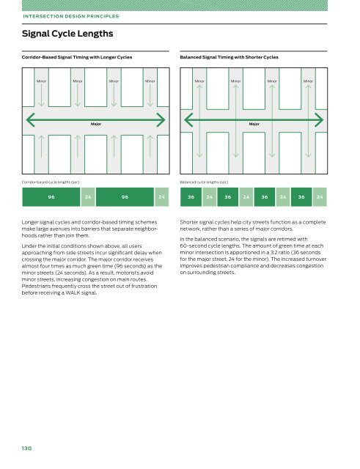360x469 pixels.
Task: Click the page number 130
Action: pos(26,448)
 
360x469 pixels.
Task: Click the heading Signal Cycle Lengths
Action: pos(67,34)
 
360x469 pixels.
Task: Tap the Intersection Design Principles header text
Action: pos(71,16)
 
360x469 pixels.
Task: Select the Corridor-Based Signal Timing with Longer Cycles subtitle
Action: pos(77,57)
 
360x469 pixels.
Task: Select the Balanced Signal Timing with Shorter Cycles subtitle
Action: pos(229,57)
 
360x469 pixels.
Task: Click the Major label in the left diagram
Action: pos(96,124)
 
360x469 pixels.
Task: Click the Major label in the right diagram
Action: pos(254,124)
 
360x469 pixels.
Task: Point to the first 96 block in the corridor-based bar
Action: pos(51,197)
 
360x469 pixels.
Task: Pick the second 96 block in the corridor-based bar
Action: pos(125,197)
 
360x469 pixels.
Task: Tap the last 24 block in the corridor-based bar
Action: pos(161,197)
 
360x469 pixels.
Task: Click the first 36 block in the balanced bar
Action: pos(191,197)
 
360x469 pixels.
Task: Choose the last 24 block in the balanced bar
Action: pos(320,197)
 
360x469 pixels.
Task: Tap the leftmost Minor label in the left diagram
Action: pos(41,81)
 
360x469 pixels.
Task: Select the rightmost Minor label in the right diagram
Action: pos(308,81)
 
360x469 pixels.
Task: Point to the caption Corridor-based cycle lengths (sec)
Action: pos(51,182)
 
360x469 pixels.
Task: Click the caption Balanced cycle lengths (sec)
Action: pos(204,182)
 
